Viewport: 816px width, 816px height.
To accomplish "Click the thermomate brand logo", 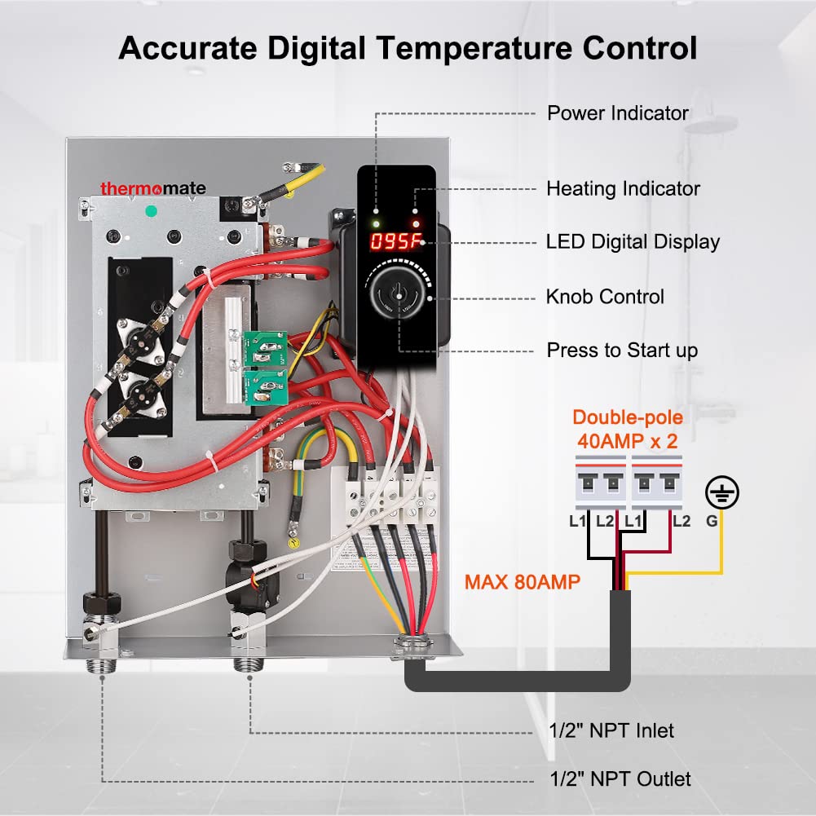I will [152, 188].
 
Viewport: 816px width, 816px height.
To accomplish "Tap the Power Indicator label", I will [617, 113].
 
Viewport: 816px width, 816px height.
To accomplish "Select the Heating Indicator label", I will [623, 189].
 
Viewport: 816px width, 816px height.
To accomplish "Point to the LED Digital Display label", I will [633, 242].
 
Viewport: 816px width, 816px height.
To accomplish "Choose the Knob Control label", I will [605, 297].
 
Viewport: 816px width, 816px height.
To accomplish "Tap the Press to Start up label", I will [622, 351].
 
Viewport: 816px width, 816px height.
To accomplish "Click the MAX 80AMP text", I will [523, 583].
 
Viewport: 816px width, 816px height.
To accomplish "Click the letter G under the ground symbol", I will [712, 521].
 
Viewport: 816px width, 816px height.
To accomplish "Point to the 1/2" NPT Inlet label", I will [611, 730].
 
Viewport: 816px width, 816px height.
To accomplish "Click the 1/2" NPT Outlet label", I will [619, 779].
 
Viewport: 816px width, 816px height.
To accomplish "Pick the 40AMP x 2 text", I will [628, 440].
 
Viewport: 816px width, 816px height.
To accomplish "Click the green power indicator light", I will [375, 223].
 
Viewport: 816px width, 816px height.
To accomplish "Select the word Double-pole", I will [628, 418].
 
